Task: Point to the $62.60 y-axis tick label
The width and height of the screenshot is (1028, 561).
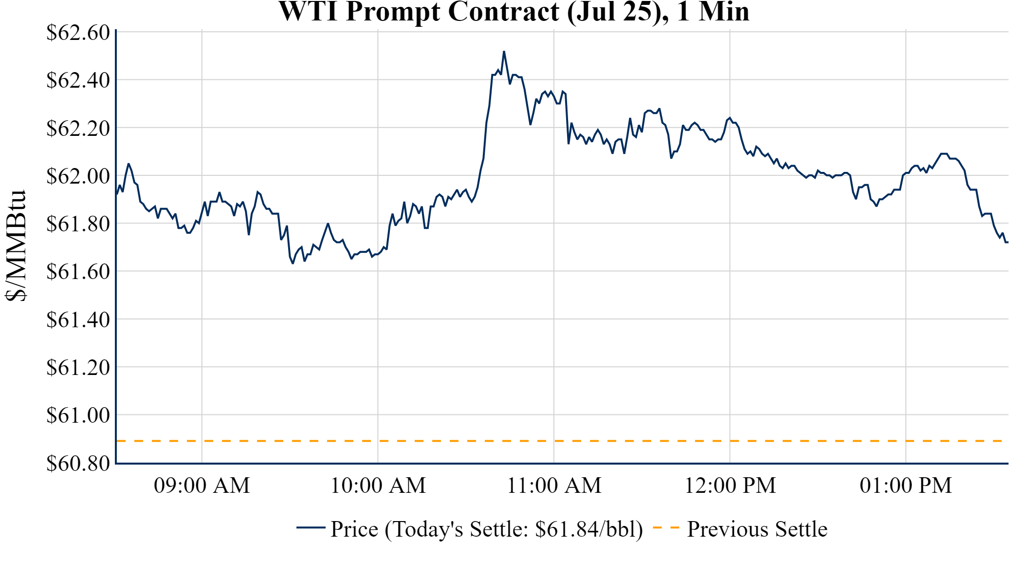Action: [x=78, y=33]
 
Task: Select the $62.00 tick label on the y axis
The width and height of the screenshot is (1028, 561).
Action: [x=78, y=176]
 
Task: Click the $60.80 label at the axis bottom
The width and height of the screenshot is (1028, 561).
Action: [x=78, y=463]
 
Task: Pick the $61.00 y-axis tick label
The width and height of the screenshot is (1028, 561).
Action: [x=78, y=415]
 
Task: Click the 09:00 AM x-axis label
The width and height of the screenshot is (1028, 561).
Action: [x=202, y=486]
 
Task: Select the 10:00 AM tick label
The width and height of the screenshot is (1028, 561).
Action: [x=378, y=486]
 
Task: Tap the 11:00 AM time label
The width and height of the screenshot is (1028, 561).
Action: [x=554, y=486]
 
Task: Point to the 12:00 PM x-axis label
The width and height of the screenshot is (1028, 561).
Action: [x=730, y=486]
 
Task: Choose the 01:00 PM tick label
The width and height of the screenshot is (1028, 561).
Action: [x=906, y=486]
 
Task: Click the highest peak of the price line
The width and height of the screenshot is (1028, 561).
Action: [x=504, y=52]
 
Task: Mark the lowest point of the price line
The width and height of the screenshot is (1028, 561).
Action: [x=293, y=263]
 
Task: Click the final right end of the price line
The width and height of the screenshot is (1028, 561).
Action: [x=1007, y=242]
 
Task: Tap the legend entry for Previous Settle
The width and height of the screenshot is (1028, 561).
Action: [x=757, y=529]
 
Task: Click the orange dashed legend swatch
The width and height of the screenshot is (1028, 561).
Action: [x=666, y=528]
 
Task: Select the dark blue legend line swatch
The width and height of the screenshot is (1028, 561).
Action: [x=311, y=528]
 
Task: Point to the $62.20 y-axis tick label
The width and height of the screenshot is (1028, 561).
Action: [x=78, y=129]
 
